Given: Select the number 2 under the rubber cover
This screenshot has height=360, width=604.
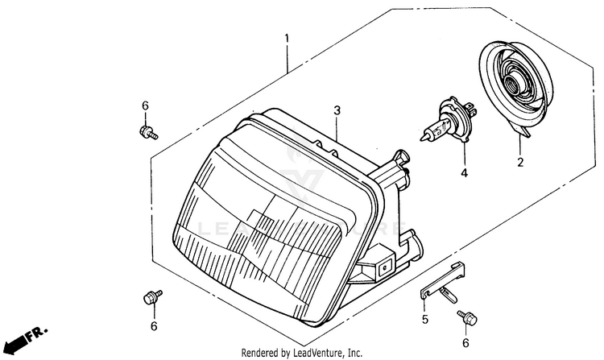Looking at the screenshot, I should pyautogui.click(x=520, y=163).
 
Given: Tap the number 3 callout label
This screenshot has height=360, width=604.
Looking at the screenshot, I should pyautogui.click(x=337, y=110).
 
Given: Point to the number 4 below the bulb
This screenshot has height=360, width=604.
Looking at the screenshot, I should pyautogui.click(x=464, y=173).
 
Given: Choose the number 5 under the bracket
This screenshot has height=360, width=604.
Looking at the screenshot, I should pyautogui.click(x=424, y=320).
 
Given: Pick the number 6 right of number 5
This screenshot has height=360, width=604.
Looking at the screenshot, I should pyautogui.click(x=466, y=342).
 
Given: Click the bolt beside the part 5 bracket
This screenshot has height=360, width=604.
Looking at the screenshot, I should pyautogui.click(x=464, y=317).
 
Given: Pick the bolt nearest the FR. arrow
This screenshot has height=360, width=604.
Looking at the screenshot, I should pyautogui.click(x=149, y=296).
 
